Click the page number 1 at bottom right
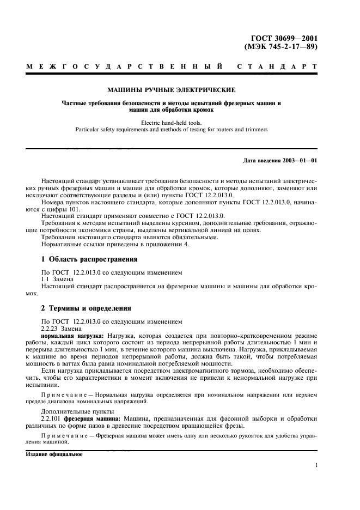pyautogui.click(x=316, y=465)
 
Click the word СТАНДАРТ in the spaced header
pyautogui.click(x=278, y=68)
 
